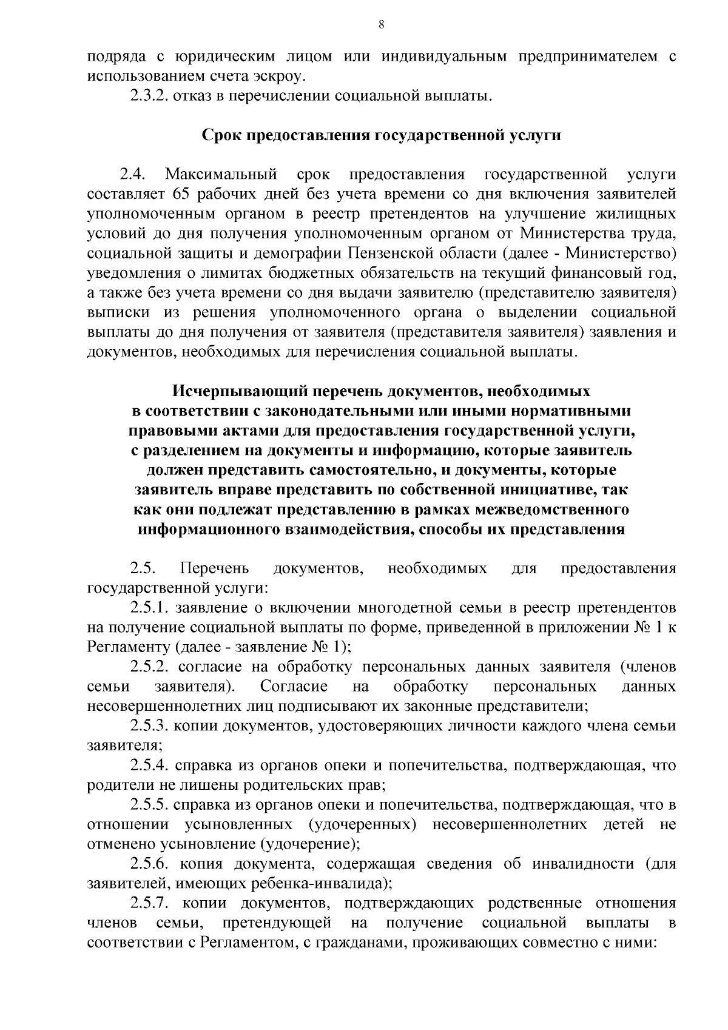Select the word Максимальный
coord(222,175)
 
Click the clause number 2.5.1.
coord(149,607)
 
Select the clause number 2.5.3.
coord(149,725)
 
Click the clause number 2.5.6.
coord(149,864)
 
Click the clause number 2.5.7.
coord(149,903)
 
